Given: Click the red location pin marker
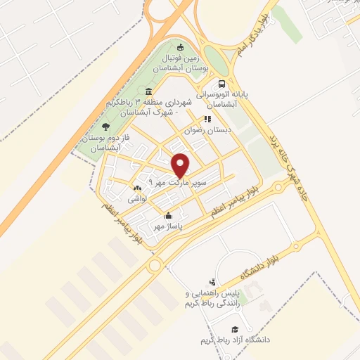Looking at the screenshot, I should [181, 165].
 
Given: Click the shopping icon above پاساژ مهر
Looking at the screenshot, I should [167, 216].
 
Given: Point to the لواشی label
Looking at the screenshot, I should [136, 199].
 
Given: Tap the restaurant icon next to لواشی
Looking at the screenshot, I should [137, 188].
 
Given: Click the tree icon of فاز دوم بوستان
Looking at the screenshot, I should [105, 127].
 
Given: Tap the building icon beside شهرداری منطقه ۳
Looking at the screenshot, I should [148, 92].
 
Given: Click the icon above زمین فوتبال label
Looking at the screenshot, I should [179, 47].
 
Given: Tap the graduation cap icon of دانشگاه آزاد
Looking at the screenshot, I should [236, 329].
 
